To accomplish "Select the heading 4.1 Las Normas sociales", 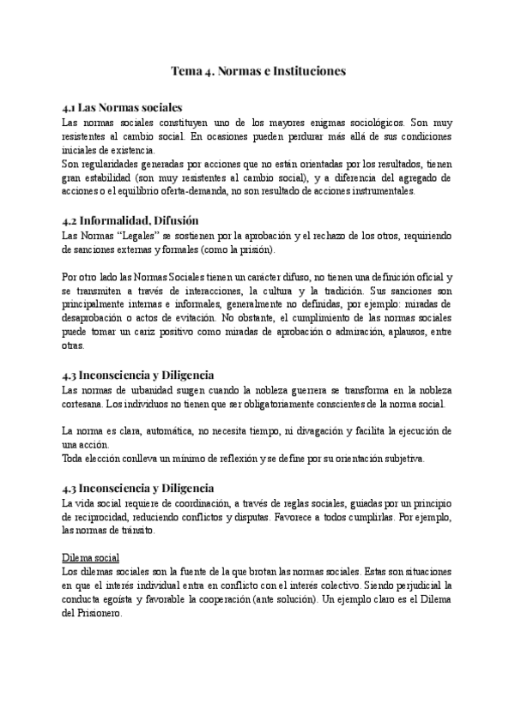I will pyautogui.click(x=123, y=109).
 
